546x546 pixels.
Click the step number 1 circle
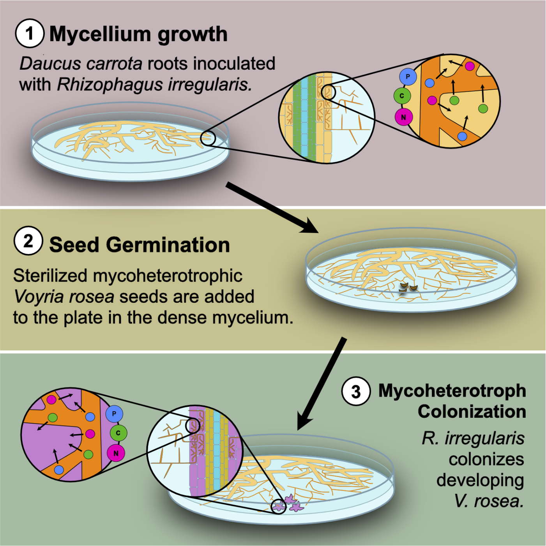(30, 33)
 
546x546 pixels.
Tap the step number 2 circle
(28, 241)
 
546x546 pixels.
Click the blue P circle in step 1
(408, 76)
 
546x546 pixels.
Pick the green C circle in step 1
(402, 96)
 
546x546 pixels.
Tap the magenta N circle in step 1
(403, 117)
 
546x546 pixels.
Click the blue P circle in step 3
(114, 413)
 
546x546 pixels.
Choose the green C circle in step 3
(118, 433)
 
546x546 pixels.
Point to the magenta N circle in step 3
(116, 453)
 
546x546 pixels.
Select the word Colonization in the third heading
(472, 411)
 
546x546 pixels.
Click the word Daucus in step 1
(50, 63)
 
